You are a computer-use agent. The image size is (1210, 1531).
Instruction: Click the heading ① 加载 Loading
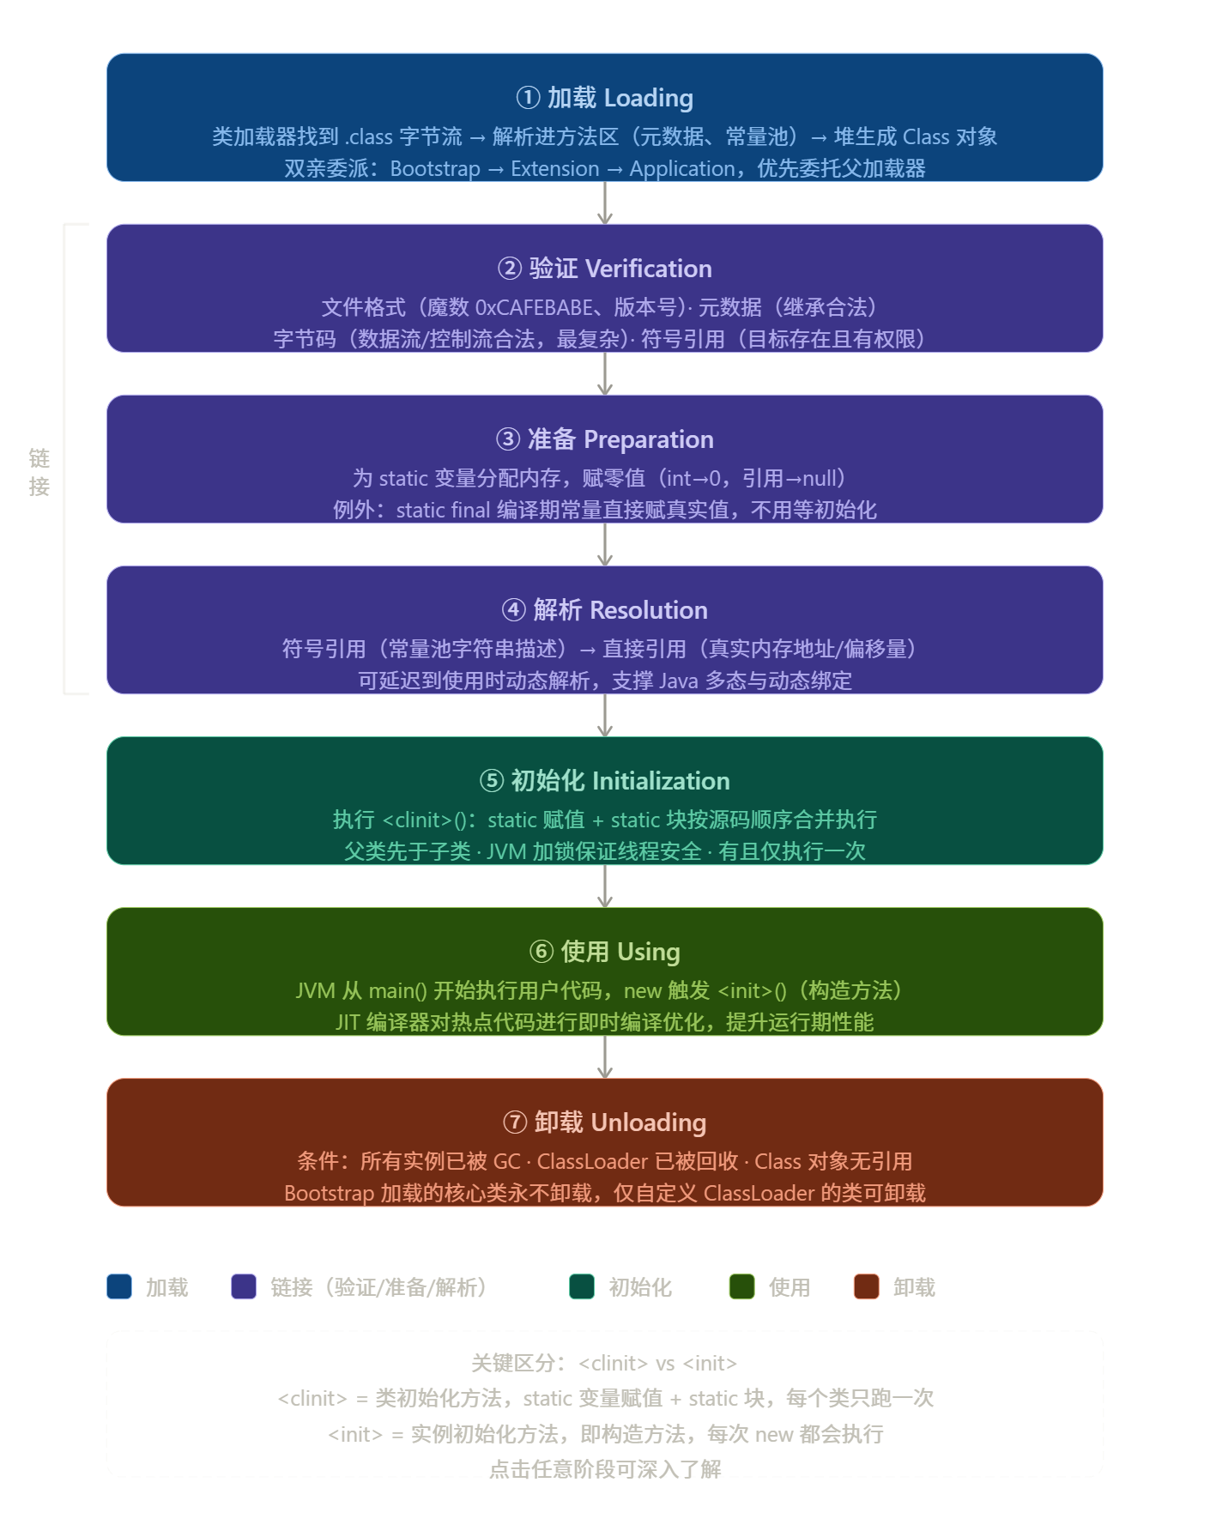point(604,99)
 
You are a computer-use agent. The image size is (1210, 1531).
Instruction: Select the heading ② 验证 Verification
point(604,269)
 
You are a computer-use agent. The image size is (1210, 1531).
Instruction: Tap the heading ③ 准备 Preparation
point(604,440)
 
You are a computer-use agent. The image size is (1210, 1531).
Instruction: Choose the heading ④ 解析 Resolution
point(604,611)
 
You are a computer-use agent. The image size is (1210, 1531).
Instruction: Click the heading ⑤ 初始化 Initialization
point(604,782)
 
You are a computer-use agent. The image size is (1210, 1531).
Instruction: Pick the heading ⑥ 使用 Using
point(604,953)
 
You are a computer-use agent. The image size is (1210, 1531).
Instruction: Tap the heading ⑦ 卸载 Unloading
point(604,1123)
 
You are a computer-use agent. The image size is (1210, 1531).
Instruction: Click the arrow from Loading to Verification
point(605,203)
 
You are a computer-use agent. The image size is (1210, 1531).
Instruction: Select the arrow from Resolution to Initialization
point(605,716)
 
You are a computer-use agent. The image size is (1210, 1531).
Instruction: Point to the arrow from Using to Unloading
point(605,1057)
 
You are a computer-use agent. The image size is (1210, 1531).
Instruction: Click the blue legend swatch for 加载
point(119,1287)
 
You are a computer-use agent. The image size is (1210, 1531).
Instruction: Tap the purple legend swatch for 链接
point(244,1287)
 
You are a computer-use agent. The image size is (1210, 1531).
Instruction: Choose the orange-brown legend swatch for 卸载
point(866,1287)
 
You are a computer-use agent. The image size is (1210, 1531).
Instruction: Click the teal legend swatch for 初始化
point(582,1287)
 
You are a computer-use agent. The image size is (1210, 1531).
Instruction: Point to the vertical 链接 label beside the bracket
point(39,472)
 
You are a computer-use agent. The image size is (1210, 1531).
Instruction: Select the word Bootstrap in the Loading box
point(435,169)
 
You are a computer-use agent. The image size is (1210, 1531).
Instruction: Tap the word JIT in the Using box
point(348,1023)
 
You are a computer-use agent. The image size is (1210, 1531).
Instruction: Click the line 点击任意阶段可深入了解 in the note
point(605,1469)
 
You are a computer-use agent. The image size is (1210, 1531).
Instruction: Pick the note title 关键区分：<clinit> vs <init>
point(604,1364)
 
